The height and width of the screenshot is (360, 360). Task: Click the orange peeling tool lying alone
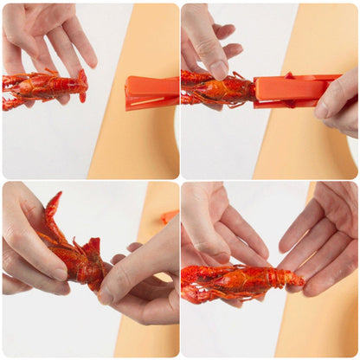(151, 92)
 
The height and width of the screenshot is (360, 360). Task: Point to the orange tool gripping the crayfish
(290, 90)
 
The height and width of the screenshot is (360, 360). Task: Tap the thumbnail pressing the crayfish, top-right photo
(219, 70)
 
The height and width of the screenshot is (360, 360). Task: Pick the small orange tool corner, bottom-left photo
(168, 215)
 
